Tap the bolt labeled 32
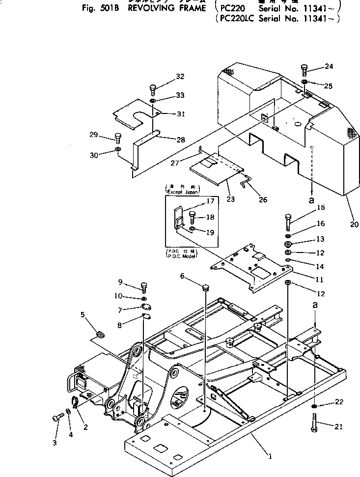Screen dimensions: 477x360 tap(153, 90)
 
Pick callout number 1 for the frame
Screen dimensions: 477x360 tap(269, 455)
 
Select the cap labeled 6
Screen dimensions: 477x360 tap(205, 286)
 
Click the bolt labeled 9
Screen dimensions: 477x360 tap(143, 287)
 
